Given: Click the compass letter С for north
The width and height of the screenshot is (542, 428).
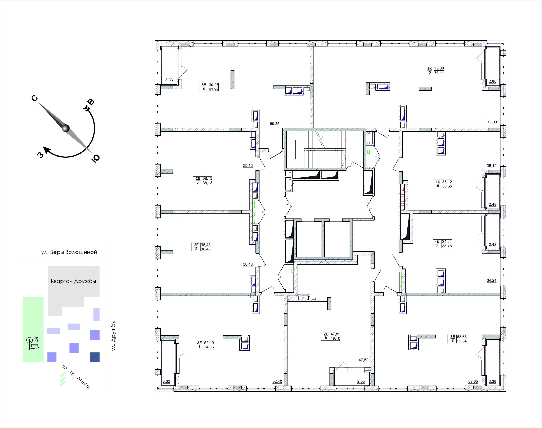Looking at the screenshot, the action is click(35, 98).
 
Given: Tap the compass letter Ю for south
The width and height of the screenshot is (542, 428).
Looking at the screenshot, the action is click(96, 158).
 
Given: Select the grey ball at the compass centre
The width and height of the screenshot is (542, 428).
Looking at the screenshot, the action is click(65, 128).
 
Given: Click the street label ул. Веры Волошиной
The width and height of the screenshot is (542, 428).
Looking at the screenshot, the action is click(69, 252).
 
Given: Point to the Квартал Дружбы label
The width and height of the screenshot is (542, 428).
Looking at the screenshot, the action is click(73, 281).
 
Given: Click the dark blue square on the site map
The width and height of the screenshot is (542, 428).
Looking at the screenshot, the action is click(95, 357).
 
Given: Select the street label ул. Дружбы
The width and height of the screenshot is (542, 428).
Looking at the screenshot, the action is click(114, 336).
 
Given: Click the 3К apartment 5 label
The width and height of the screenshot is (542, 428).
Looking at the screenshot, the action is click(430, 70).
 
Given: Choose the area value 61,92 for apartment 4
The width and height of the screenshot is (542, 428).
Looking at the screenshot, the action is click(214, 89).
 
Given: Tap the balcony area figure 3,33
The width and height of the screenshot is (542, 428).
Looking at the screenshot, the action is click(169, 80).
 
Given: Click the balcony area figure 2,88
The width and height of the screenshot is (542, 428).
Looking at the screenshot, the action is click(492, 81).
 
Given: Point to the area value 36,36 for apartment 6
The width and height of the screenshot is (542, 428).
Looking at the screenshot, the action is click(447, 186).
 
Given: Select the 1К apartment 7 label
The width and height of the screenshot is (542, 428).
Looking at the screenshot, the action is click(437, 244).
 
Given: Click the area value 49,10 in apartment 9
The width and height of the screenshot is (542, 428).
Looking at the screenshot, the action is click(335, 338).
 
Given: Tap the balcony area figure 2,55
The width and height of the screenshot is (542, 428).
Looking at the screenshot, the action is click(361, 381).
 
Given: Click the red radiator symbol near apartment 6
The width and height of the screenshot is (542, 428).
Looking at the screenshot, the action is click(403, 197).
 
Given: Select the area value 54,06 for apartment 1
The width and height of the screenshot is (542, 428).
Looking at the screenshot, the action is click(209, 347).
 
